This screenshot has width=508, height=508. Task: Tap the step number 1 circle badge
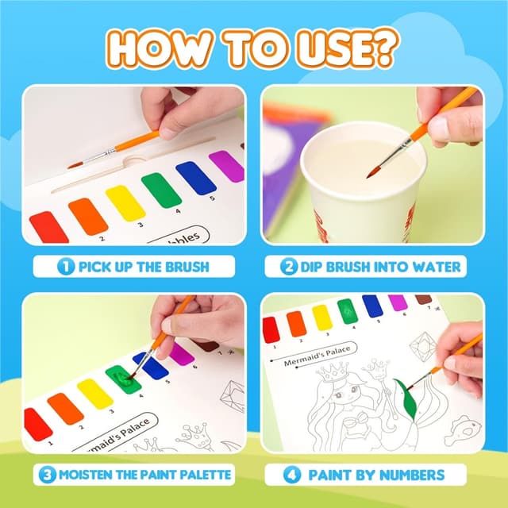tap(66, 266)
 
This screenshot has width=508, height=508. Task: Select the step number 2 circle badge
tap(290, 266)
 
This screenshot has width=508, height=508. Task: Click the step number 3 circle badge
tap(47, 475)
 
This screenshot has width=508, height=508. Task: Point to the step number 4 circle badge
tap(291, 475)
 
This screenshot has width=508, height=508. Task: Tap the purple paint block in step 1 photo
tap(226, 167)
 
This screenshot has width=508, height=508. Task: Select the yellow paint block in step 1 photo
tap(125, 202)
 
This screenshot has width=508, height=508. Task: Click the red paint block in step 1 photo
tap(48, 228)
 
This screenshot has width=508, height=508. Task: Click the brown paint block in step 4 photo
tap(424, 299)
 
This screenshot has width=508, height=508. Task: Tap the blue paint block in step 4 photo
tap(372, 306)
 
